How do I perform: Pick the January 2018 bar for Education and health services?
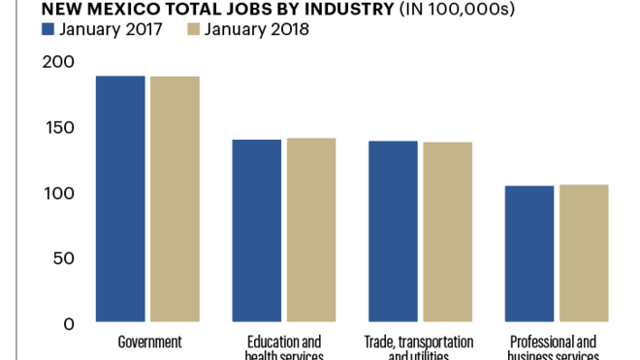point(310,229)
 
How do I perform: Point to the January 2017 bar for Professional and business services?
point(529,253)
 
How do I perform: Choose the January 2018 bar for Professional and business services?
point(584,252)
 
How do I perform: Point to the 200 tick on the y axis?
point(58,62)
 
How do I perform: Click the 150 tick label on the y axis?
point(59,128)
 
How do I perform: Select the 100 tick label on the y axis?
point(59,193)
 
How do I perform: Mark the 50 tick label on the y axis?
point(63,259)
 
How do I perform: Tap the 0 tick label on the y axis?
point(70,324)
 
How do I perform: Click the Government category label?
point(149,343)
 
